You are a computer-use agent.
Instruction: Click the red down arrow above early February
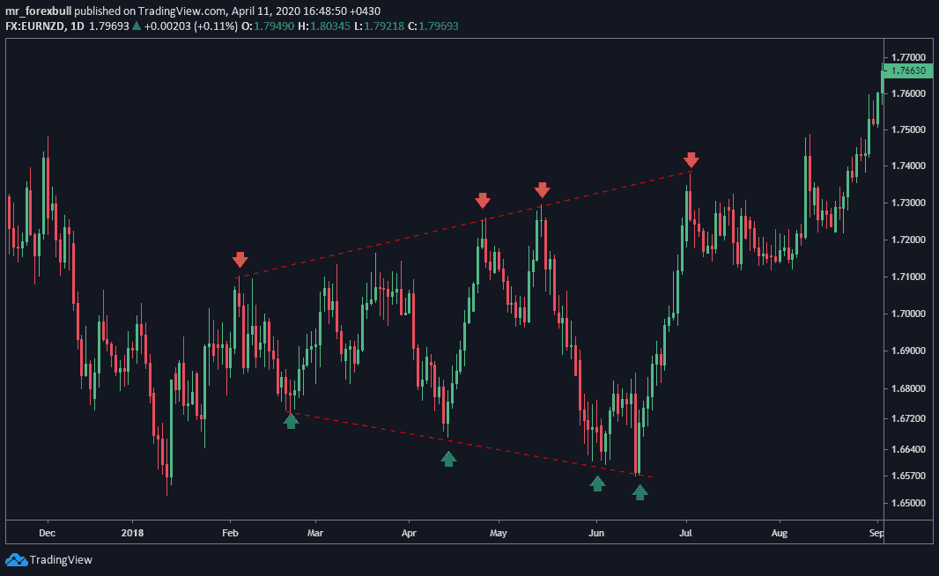coord(240,260)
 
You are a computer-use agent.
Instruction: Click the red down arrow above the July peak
coord(691,159)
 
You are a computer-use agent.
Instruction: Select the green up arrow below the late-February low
coord(291,421)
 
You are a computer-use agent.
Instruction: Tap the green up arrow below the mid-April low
coord(448,458)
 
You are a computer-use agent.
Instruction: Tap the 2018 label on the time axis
coord(132,533)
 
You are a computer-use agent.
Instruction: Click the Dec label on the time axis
coord(48,533)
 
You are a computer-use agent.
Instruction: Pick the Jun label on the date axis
coord(596,533)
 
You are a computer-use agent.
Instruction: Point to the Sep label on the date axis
coord(876,533)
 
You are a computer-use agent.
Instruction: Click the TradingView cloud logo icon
coord(15,559)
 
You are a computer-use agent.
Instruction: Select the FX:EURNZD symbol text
coord(35,26)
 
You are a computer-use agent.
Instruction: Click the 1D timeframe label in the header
coord(78,26)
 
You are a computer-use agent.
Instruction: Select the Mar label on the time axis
coord(315,533)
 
